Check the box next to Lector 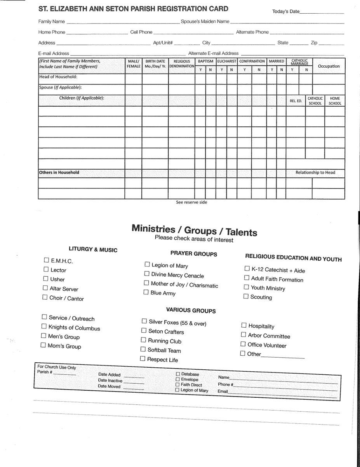tap(46, 269)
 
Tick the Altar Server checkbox tap(46, 288)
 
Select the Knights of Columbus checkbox tap(44, 327)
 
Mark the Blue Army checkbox tap(146, 292)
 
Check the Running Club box tap(144, 340)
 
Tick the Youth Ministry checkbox tap(247, 287)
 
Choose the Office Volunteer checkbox tap(243, 344)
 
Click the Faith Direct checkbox tap(177, 384)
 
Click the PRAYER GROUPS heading tap(193, 254)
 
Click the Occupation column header tap(329, 66)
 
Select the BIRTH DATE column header tap(155, 64)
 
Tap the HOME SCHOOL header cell tap(335, 101)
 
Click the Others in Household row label tap(59, 172)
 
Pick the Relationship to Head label tap(315, 172)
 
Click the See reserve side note tap(191, 202)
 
